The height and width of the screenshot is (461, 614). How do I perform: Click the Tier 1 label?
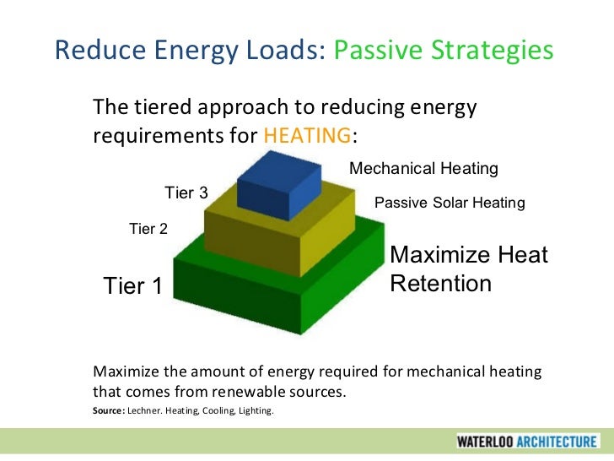coord(132,287)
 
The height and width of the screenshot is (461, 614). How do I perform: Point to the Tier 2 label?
coord(148,228)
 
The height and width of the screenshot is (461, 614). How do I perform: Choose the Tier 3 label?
coord(186,193)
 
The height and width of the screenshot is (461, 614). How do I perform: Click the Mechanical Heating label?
coord(423,169)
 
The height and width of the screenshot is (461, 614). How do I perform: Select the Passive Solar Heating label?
coord(449,203)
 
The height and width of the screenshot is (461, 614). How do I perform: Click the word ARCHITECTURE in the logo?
coord(559,441)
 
